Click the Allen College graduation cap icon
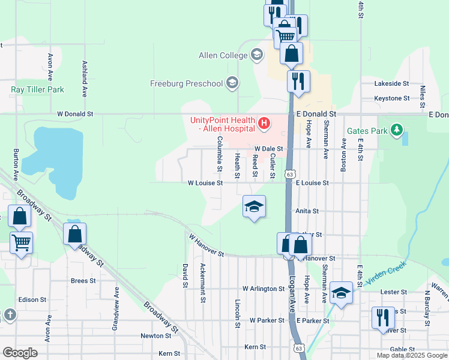point(257,56)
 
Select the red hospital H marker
point(263,124)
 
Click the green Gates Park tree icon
point(396,130)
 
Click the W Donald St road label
point(76,113)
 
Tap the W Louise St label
point(205,182)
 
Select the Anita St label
point(307,211)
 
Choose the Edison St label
point(32,299)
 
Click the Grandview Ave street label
point(115,308)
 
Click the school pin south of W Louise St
point(254,207)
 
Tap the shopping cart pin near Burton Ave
point(21,243)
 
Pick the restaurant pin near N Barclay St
point(382,317)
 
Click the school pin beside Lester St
point(340,293)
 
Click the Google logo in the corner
point(20,352)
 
